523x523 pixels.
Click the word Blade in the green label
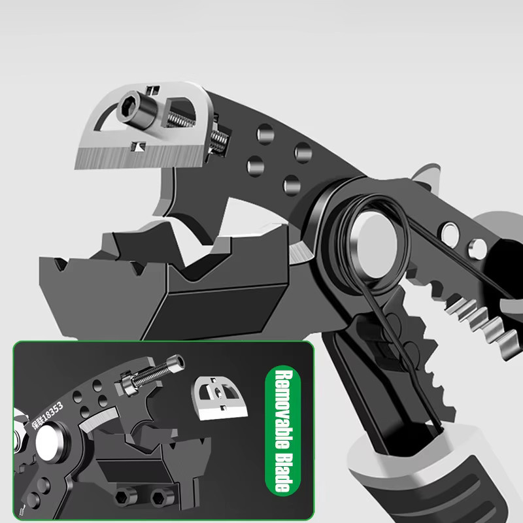pyautogui.click(x=283, y=472)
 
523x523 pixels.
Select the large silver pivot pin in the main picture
pyautogui.click(x=377, y=245)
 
